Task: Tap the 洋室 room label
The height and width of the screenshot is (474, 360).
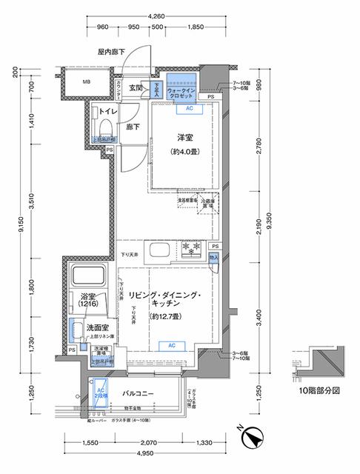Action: [185, 138]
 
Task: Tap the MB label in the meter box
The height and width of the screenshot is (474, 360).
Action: [86, 81]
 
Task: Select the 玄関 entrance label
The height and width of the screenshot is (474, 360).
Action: [136, 88]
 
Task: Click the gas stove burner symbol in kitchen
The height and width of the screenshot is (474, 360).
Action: [189, 248]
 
